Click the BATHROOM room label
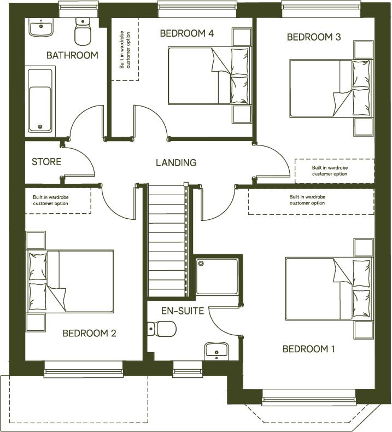[x=72, y=55]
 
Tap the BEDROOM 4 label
[x=186, y=33]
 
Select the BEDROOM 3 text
[x=314, y=37]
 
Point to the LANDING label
[x=176, y=162]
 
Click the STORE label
[x=46, y=162]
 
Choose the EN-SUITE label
[x=182, y=311]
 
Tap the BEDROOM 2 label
[x=89, y=333]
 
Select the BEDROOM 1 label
[x=308, y=349]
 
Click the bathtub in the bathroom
[x=40, y=100]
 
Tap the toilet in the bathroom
[x=83, y=32]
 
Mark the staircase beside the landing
[x=167, y=241]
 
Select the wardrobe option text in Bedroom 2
[x=58, y=200]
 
